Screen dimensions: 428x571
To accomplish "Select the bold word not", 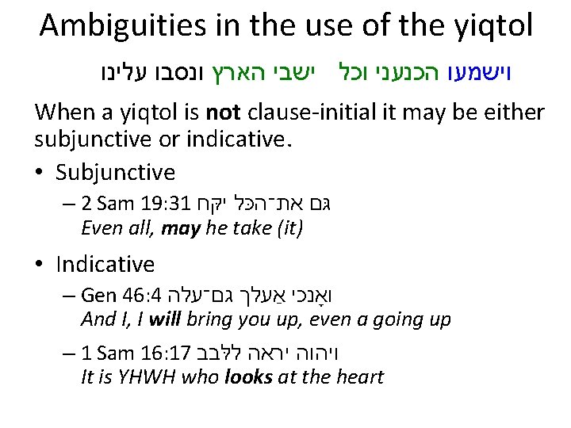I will click(x=217, y=113).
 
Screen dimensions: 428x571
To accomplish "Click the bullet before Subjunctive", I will click(x=40, y=173).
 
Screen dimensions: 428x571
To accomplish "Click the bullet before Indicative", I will click(x=40, y=264).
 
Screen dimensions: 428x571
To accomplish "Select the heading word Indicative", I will click(x=105, y=264).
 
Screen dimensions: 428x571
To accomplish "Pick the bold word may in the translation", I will click(x=176, y=230).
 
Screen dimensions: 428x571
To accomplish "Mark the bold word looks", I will click(x=249, y=376).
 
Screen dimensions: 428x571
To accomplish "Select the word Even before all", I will click(x=102, y=230).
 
